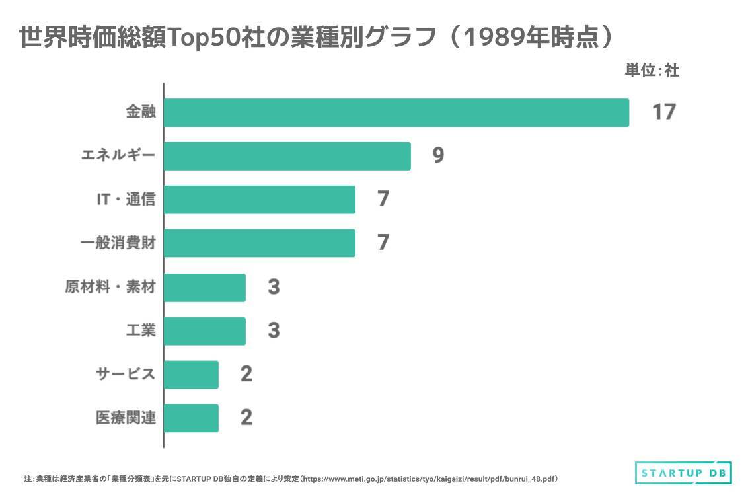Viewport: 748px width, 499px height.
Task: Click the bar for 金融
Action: coord(396,112)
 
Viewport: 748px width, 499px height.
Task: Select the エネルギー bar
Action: coord(287,156)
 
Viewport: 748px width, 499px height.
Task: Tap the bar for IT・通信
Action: coord(259,200)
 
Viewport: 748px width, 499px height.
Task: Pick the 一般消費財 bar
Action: coord(259,243)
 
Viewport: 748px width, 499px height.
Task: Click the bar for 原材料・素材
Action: coord(204,288)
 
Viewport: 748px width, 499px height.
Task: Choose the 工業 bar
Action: coord(204,331)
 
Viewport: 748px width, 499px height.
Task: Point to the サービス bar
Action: coord(190,375)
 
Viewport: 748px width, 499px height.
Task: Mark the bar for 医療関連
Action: coord(190,418)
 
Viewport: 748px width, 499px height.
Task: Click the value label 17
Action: coord(663,112)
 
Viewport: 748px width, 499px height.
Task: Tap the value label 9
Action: coord(438,156)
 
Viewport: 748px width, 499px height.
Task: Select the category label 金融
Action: coord(140,112)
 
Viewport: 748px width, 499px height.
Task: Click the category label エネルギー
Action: coord(118,156)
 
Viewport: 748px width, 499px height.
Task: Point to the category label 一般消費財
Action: coord(118,243)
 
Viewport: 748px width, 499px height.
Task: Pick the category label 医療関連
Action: coord(126,418)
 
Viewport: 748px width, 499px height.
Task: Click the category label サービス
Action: coord(126,375)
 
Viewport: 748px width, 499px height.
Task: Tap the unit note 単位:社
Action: coord(652,70)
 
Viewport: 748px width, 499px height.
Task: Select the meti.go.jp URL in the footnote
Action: coord(430,479)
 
